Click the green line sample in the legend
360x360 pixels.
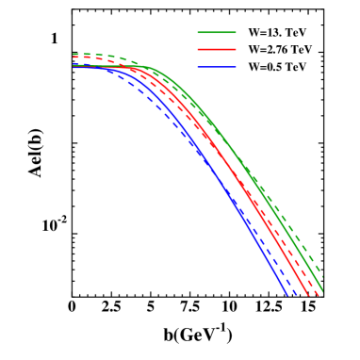(x=217, y=32)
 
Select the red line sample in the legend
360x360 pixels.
(x=217, y=49)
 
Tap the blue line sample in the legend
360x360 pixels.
(x=217, y=66)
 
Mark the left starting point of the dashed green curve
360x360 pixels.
(x=74, y=55)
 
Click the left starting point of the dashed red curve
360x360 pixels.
(x=74, y=60)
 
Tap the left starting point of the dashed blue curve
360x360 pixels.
(x=74, y=64)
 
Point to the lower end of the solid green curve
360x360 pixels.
(x=323, y=289)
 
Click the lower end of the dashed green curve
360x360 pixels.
(x=323, y=278)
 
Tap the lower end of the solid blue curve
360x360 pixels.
(x=287, y=295)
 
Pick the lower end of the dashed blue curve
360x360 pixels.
(x=297, y=295)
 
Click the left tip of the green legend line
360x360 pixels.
(x=198, y=32)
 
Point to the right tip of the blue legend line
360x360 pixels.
(x=236, y=66)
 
